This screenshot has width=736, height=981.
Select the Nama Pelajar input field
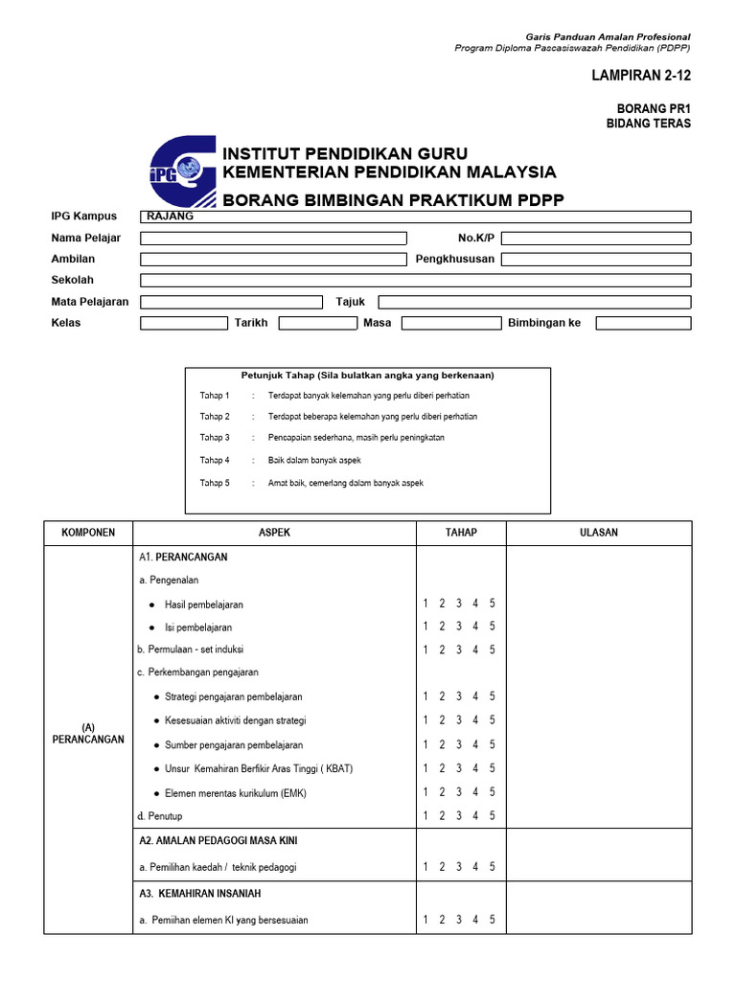[273, 238]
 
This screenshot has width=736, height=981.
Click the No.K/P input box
[595, 238]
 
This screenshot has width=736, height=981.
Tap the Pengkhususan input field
[595, 259]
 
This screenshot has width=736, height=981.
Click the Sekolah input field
[415, 280]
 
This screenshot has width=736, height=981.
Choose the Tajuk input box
[534, 302]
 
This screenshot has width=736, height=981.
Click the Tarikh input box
[317, 323]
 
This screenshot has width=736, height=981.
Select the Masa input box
[449, 323]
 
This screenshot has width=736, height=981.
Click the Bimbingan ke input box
[642, 323]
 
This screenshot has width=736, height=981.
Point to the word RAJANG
[171, 217]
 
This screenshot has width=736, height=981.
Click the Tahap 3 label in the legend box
[215, 438]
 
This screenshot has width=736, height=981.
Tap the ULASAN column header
[599, 533]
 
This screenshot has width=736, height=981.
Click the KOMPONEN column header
[88, 533]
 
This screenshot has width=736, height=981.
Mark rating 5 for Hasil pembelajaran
[492, 604]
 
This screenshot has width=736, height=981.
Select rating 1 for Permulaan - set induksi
[426, 650]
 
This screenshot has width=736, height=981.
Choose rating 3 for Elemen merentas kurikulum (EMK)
[459, 792]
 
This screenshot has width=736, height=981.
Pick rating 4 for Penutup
[475, 816]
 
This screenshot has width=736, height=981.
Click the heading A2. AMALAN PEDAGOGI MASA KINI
[218, 841]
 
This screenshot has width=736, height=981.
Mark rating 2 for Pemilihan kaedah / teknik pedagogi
[443, 867]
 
